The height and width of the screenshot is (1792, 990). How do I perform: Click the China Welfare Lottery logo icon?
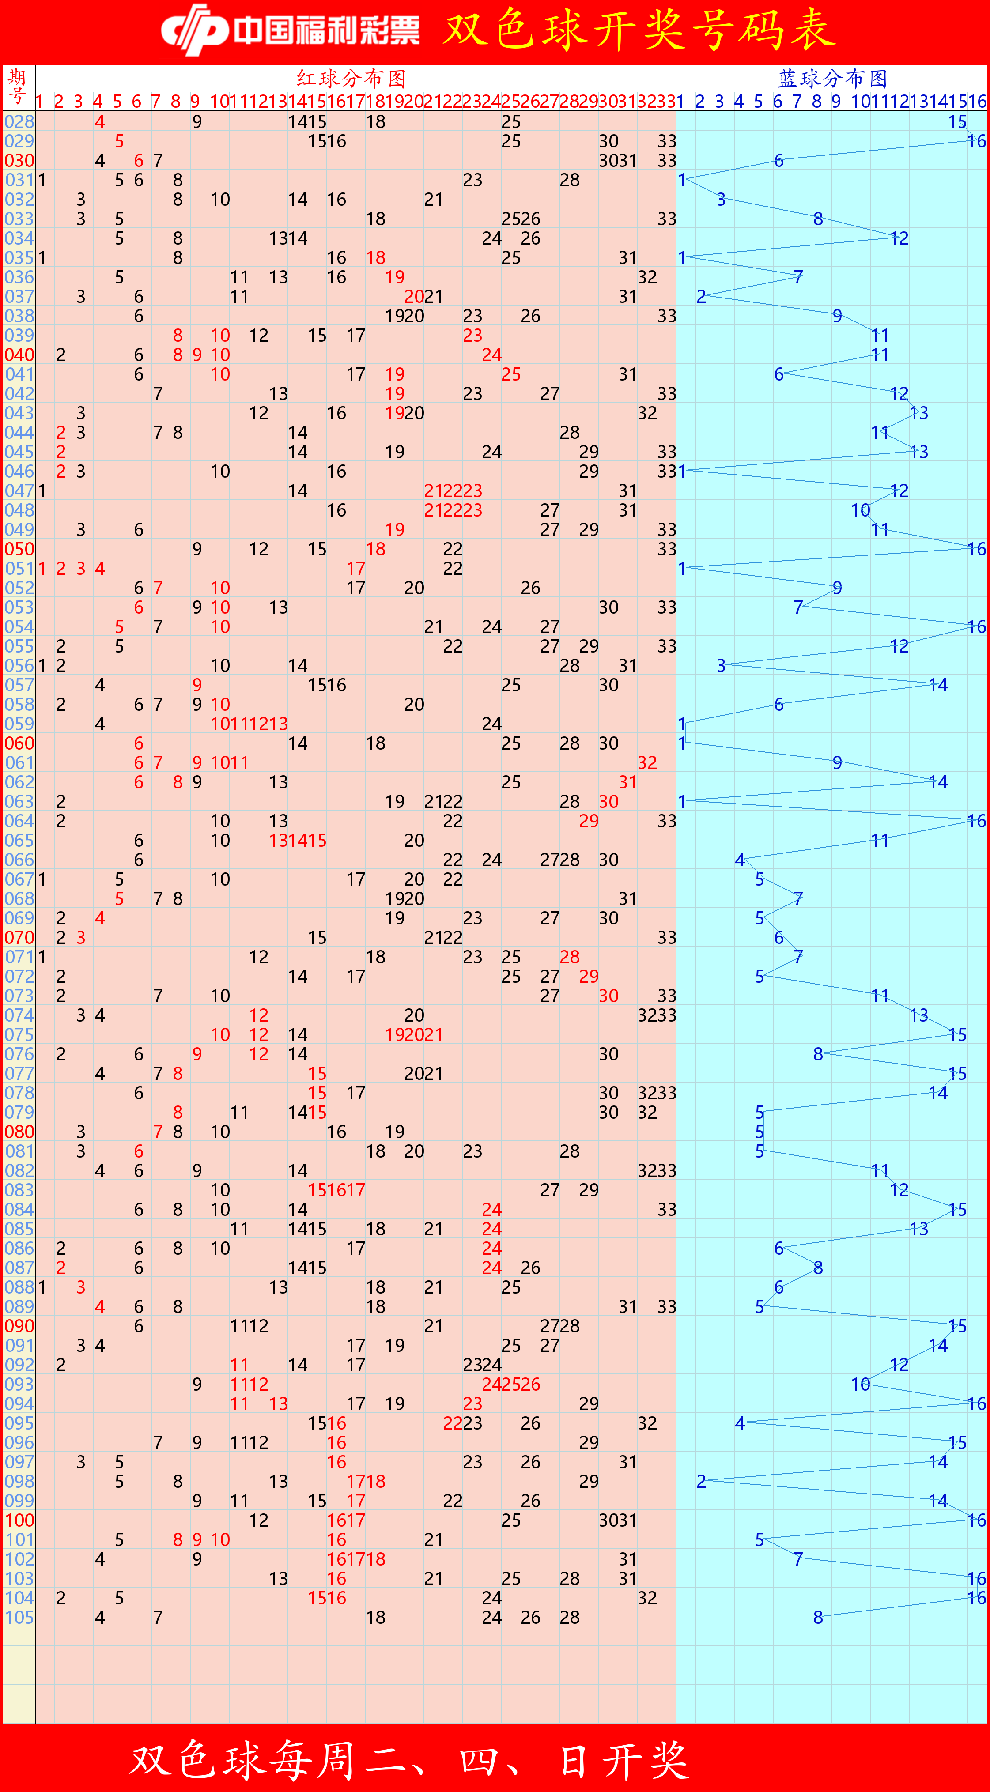pos(195,30)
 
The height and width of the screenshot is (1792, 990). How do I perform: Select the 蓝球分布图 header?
pos(832,78)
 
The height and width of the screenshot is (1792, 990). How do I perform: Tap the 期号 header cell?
pos(18,87)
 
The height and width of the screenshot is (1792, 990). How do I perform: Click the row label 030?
pos(19,161)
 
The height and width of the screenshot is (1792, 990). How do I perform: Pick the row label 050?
pos(19,549)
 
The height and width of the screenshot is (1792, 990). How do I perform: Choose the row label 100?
pos(19,1520)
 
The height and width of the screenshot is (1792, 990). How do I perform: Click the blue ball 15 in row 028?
pos(957,122)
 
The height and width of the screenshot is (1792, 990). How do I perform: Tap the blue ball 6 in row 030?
pos(779,161)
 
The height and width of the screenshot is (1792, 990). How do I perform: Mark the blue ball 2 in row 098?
pos(701,1482)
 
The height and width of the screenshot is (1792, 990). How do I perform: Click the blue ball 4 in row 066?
pos(740,860)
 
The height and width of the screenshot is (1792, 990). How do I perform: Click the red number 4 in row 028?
pos(100,122)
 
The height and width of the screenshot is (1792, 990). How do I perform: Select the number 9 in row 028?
pos(197,122)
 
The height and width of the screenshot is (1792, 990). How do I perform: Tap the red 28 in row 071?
pos(570,957)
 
